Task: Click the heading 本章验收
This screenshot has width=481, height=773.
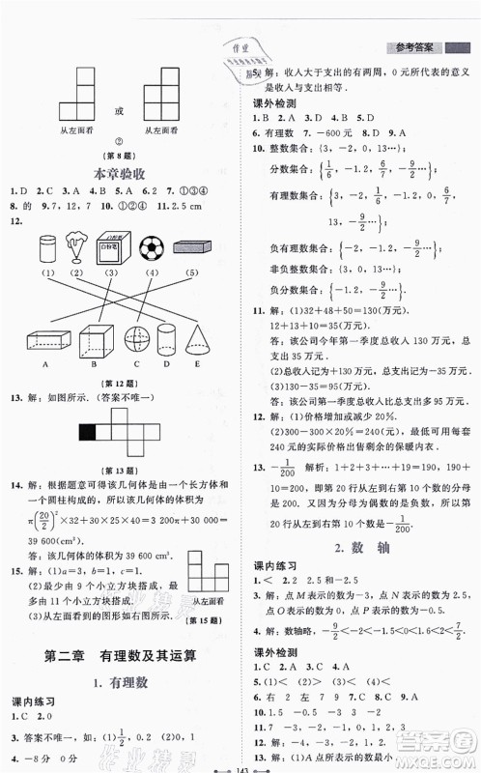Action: (x=120, y=174)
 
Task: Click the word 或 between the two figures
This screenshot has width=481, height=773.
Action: (x=120, y=111)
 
